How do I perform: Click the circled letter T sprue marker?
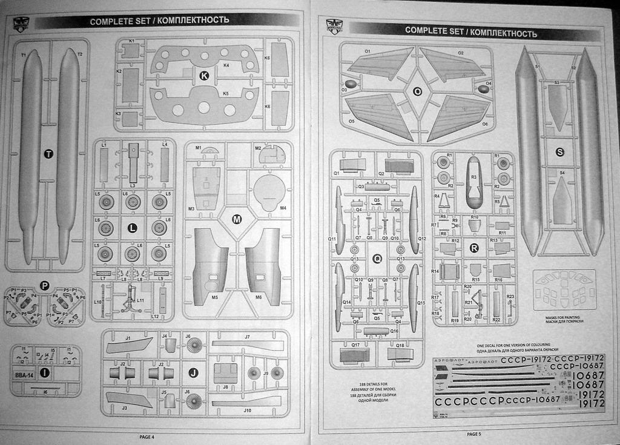pyautogui.click(x=49, y=154)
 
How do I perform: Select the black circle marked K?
pyautogui.click(x=204, y=76)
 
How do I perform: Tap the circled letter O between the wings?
pyautogui.click(x=417, y=91)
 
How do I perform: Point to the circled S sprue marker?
pyautogui.click(x=559, y=152)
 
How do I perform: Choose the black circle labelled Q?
pyautogui.click(x=377, y=259)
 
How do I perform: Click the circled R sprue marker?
pyautogui.click(x=474, y=247)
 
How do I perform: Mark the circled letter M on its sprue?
pyautogui.click(x=237, y=219)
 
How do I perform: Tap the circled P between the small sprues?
pyautogui.click(x=44, y=285)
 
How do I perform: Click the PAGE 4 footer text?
pyautogui.click(x=147, y=437)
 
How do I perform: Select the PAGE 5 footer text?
pyautogui.click(x=474, y=433)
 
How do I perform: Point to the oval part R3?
pyautogui.click(x=474, y=182)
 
